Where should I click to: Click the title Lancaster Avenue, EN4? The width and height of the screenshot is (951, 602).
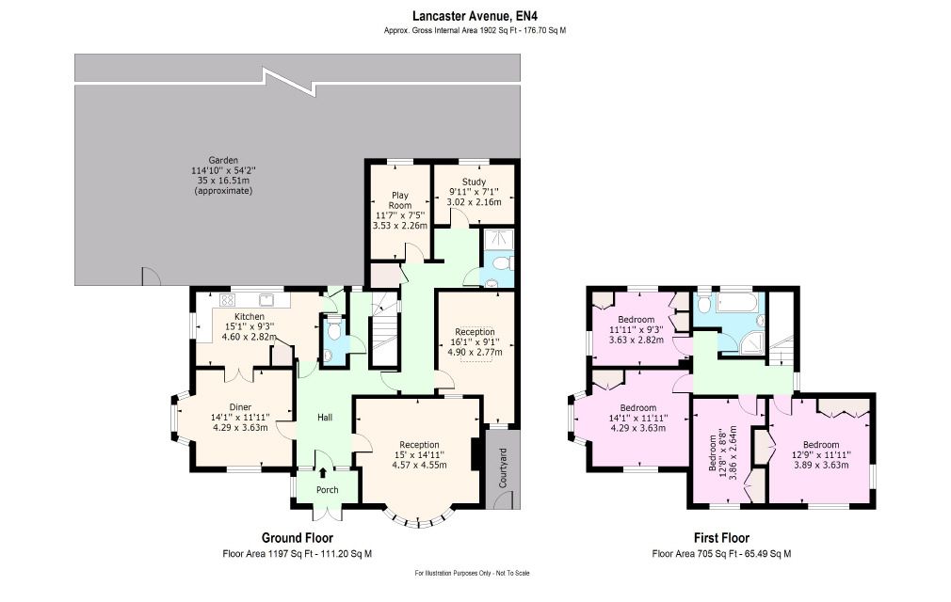point(475,16)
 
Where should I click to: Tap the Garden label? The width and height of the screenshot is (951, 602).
point(223,161)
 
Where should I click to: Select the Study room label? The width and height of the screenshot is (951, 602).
point(474,182)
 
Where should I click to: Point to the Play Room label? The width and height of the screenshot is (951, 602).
point(399,200)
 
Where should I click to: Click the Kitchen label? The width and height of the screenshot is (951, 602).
point(250,317)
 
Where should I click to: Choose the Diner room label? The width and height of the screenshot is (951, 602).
point(240,407)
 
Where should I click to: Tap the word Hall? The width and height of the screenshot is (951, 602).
point(325,418)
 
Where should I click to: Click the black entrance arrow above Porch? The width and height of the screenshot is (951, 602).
point(323,473)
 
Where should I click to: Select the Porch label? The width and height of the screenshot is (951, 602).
point(328,490)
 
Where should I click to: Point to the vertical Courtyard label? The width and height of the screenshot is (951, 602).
point(503,467)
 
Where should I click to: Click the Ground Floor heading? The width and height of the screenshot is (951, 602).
point(298,538)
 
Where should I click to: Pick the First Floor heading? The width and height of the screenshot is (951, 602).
point(722,538)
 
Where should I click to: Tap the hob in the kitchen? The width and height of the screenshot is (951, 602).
point(228,300)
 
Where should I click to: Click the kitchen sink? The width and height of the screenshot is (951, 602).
point(266,300)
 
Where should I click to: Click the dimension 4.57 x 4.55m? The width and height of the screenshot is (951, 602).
point(419,465)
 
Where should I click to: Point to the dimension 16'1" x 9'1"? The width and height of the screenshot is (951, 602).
point(475,341)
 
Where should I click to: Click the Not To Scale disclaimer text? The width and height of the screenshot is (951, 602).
point(512,573)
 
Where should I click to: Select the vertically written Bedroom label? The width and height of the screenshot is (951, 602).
point(714,453)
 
